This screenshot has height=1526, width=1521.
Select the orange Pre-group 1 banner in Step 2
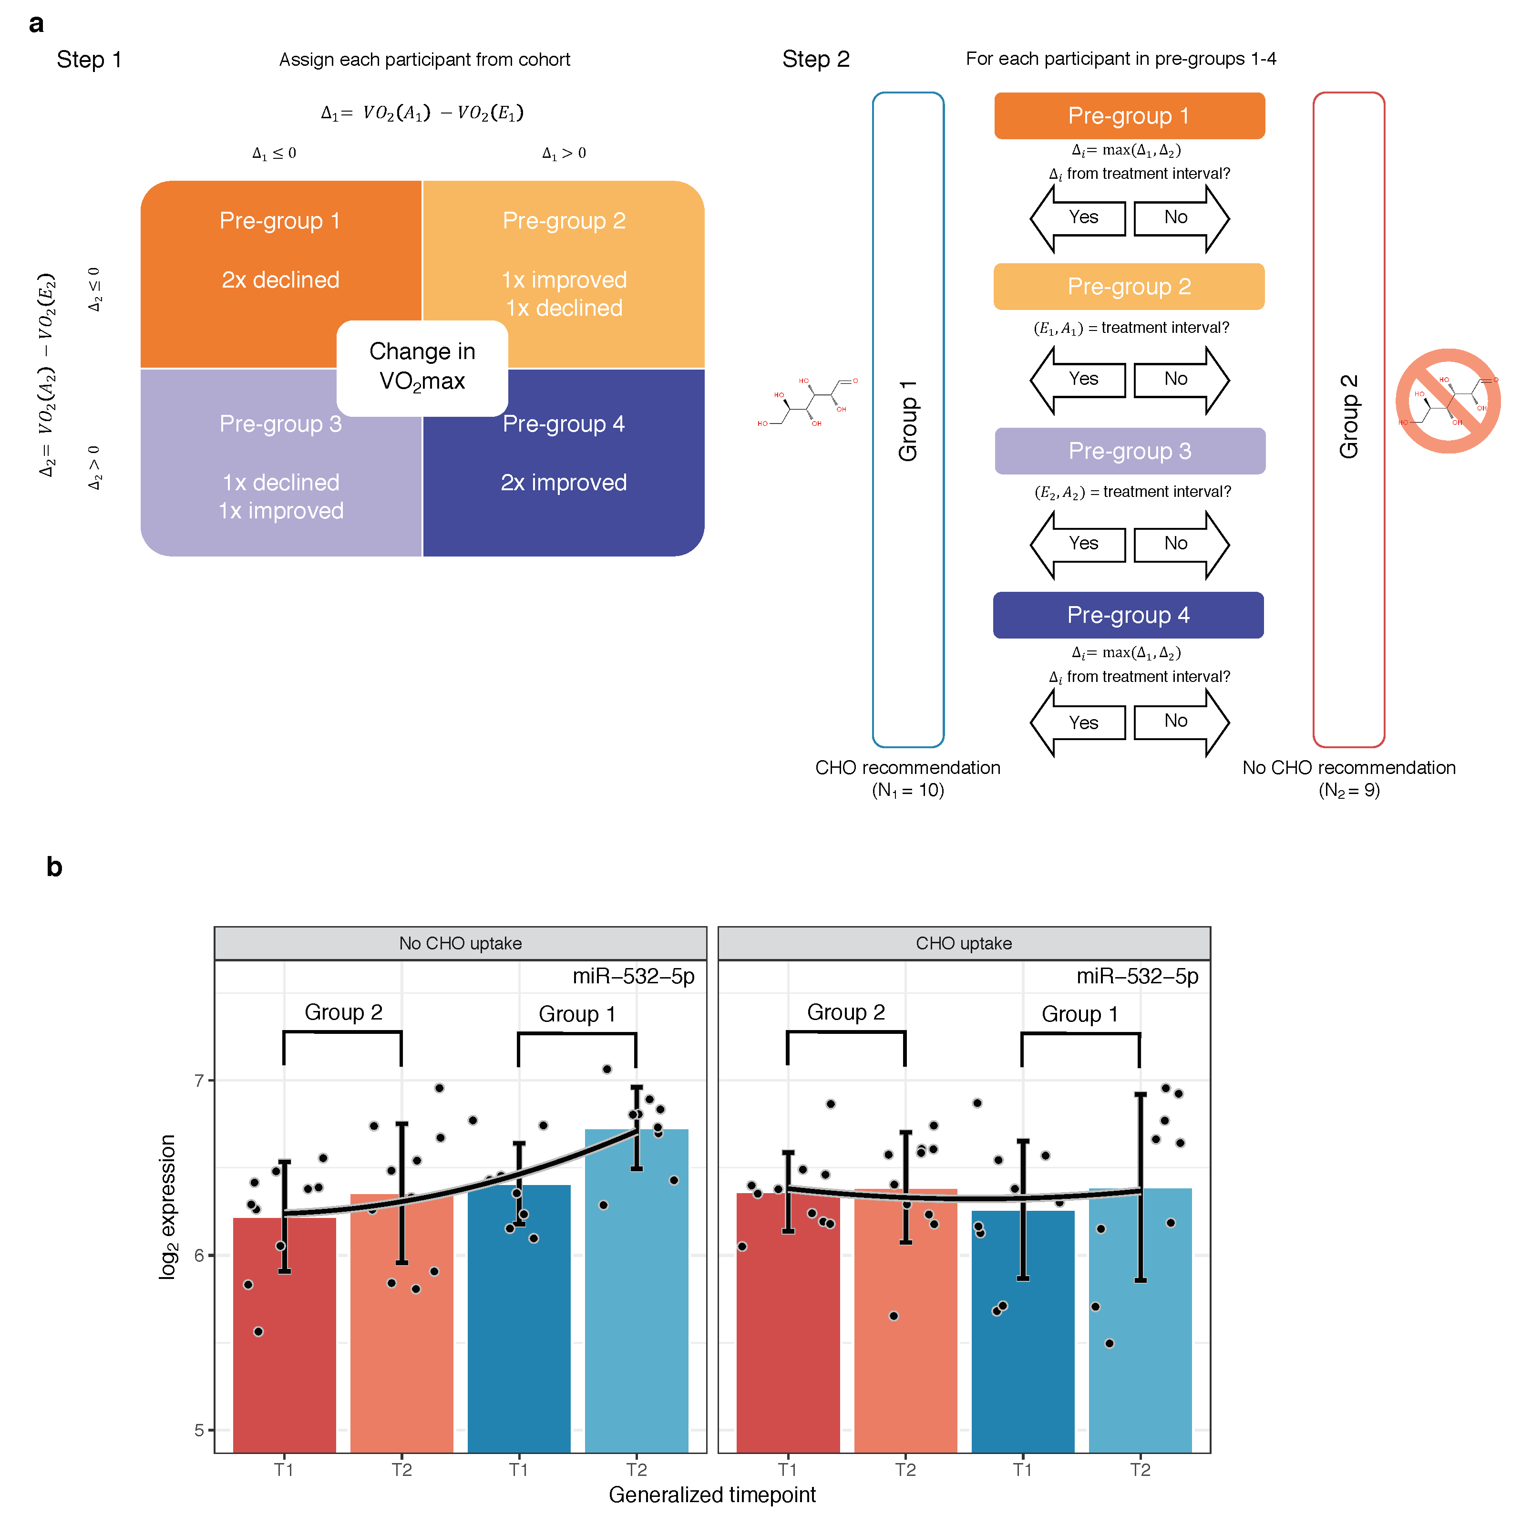click(1129, 116)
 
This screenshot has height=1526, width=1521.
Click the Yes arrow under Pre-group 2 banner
click(1079, 380)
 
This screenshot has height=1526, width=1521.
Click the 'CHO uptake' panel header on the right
click(964, 943)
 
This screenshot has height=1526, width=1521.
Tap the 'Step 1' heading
click(89, 60)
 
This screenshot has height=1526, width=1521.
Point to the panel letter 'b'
click(54, 867)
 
